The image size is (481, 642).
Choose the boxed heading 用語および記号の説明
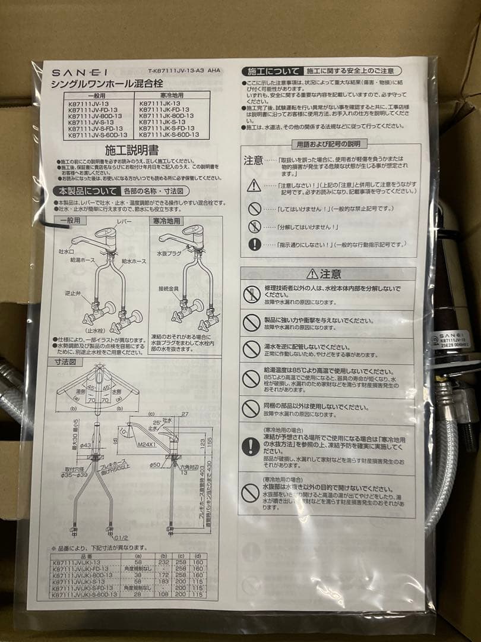(x=328, y=144)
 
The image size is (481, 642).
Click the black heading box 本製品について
(x=87, y=191)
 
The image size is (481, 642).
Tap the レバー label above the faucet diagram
(x=124, y=221)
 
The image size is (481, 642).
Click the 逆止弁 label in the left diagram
(x=73, y=293)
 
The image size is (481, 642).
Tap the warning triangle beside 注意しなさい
(x=254, y=185)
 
